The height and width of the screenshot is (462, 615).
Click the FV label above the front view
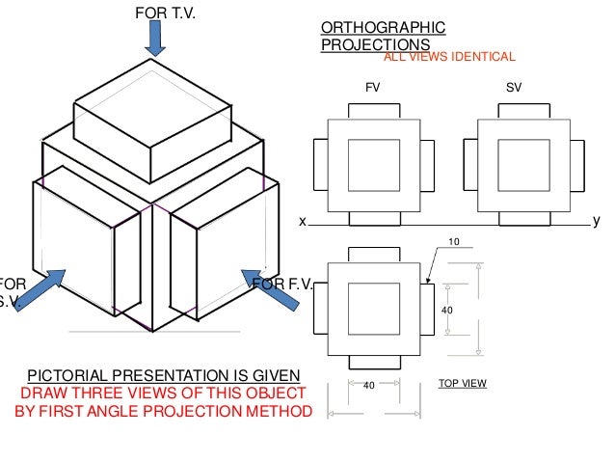[x=372, y=87]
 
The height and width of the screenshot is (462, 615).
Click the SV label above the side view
[x=514, y=87]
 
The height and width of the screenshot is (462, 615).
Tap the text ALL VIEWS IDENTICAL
[x=450, y=57]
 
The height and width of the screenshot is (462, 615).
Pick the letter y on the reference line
[x=596, y=221]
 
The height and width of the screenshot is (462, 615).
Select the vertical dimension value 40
[x=446, y=311]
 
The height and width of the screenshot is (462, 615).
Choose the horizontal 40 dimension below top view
[x=367, y=385]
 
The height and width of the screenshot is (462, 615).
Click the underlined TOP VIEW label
[x=463, y=383]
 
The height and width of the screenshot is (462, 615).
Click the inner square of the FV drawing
[x=374, y=165]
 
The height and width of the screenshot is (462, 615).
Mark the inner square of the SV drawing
[x=524, y=165]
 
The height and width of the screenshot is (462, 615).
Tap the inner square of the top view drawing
[x=374, y=309]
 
